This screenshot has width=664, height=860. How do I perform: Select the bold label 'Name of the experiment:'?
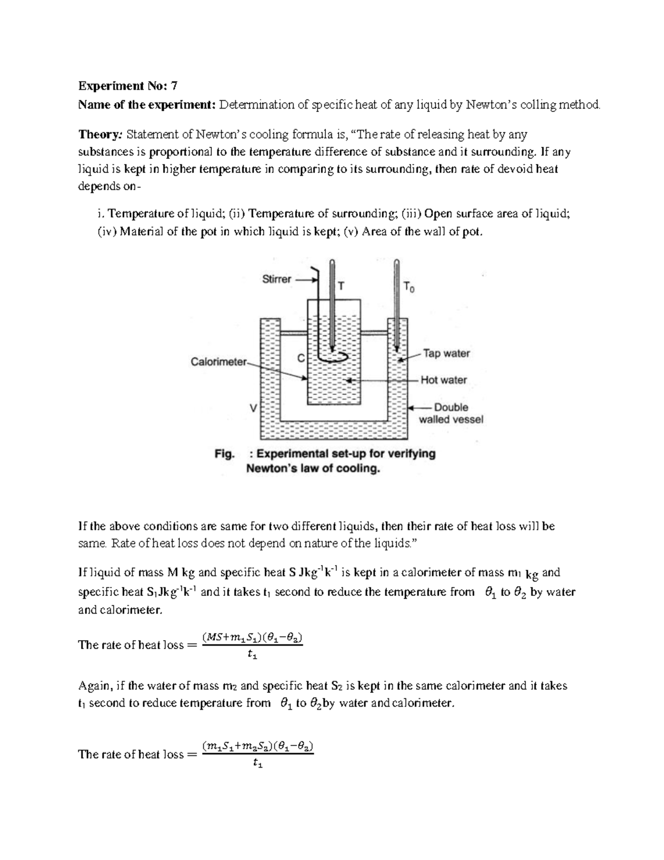coord(147,105)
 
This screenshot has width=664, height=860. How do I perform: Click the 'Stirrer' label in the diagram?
coord(276,279)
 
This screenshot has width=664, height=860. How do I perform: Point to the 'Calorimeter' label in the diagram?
coord(218,362)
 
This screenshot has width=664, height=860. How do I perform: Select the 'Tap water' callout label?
coord(446,353)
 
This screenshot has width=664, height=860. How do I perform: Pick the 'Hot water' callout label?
coord(443,380)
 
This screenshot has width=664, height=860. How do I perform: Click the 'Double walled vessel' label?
coord(450,413)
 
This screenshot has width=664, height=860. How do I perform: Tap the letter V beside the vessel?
coord(253,408)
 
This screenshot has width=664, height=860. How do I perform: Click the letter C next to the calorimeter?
coord(301,358)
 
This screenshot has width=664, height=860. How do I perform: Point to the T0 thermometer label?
coord(408,287)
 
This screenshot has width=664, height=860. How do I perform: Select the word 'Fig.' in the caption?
coord(225,454)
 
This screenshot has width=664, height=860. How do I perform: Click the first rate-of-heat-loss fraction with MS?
coord(252,645)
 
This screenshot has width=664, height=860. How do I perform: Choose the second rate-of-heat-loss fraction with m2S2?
coord(257,754)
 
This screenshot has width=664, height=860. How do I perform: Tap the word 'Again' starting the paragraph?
coord(95,686)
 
